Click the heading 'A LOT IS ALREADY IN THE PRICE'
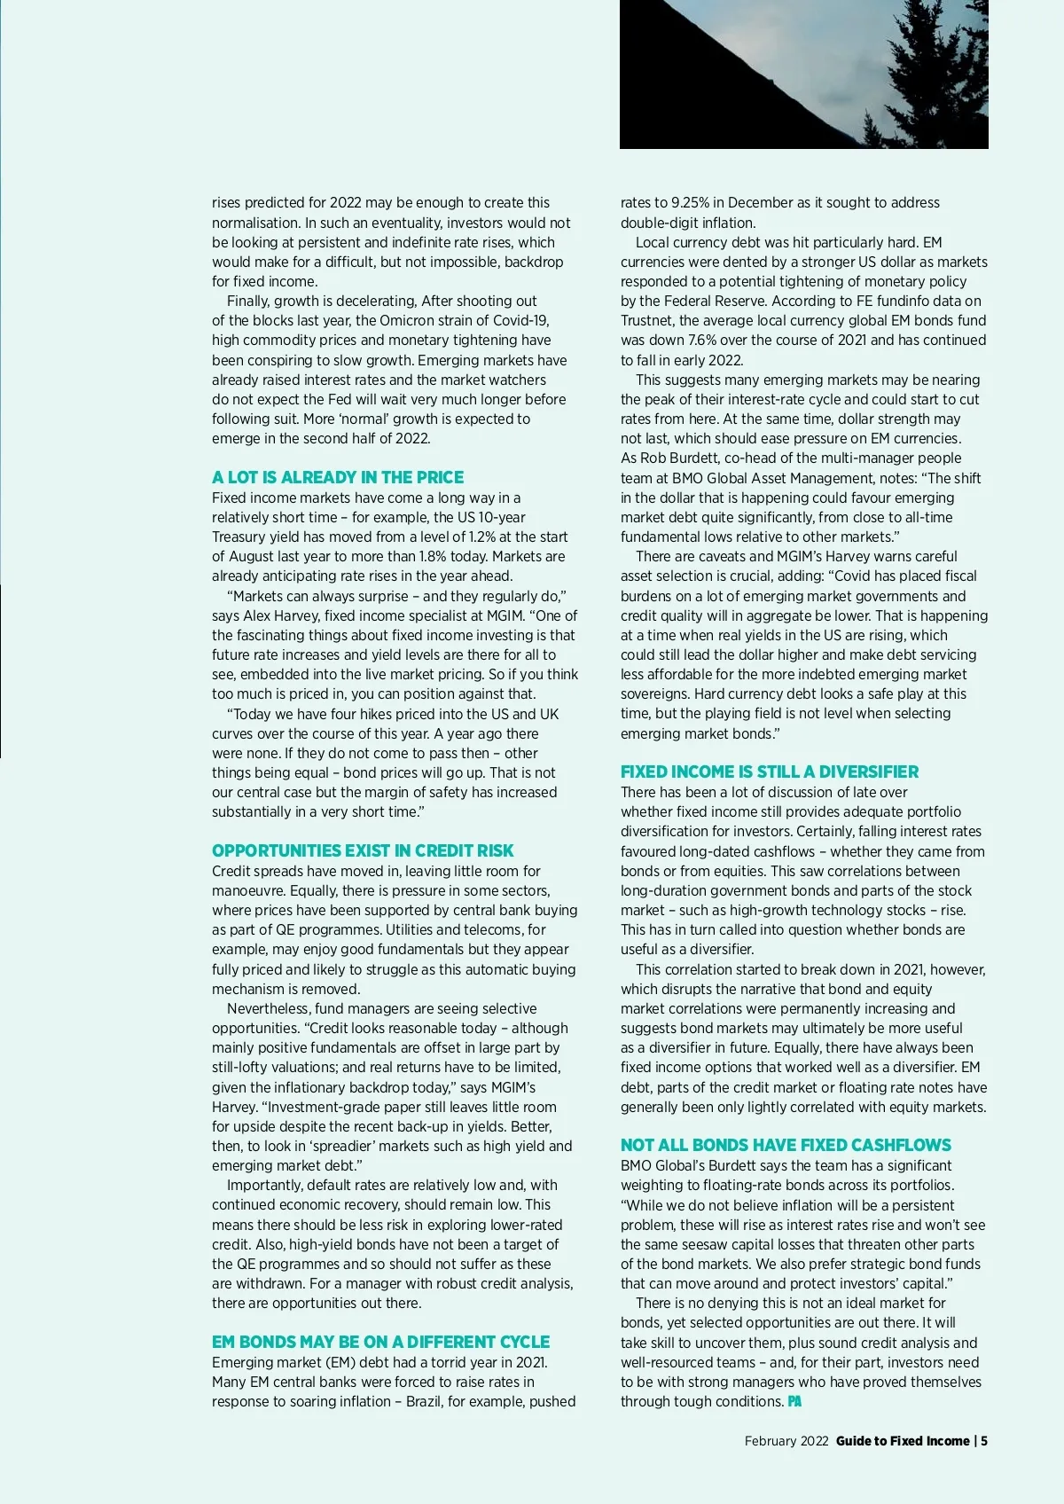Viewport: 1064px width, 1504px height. coord(338,477)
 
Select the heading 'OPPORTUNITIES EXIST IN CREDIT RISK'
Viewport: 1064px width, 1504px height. coord(363,850)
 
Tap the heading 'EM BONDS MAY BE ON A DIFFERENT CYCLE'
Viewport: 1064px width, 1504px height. coord(380,1342)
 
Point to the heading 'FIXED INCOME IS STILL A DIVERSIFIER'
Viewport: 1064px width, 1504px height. coord(770,772)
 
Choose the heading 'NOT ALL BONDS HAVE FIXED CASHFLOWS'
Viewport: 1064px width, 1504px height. coord(786,1145)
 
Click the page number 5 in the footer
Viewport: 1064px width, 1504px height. coord(983,1441)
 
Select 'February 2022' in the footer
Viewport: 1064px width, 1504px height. coord(786,1441)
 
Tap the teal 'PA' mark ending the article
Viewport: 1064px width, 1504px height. coord(794,1401)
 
